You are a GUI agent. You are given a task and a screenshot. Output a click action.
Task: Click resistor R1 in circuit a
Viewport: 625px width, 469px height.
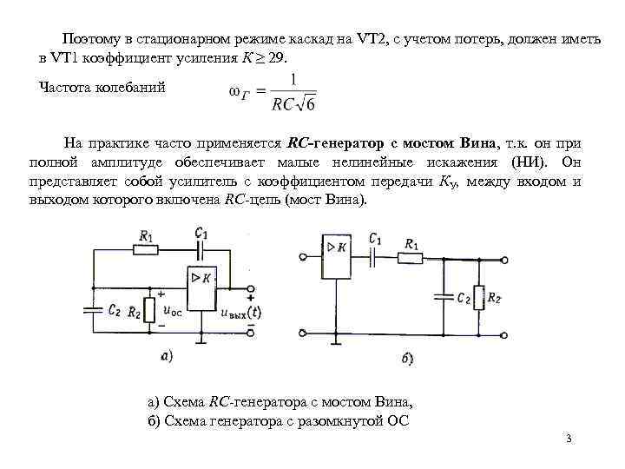145,249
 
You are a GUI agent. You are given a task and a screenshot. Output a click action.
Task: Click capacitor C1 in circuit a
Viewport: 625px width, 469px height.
201,248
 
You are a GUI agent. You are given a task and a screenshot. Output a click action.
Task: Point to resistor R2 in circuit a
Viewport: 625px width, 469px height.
153,309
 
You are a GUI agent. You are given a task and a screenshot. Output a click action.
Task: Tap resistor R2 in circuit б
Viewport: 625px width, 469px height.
477,297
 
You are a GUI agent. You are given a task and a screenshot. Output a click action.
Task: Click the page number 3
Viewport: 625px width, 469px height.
569,439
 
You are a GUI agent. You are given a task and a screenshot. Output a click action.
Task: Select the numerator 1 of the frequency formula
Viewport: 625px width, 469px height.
293,80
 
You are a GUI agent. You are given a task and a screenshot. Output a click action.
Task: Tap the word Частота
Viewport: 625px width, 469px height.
66,88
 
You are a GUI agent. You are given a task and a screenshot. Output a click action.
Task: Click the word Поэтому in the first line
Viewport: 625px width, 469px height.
89,40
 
